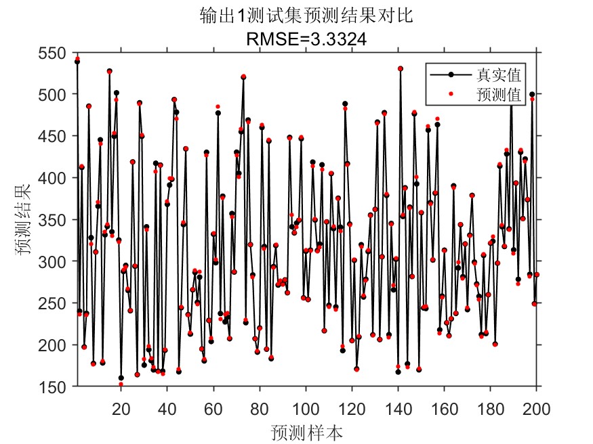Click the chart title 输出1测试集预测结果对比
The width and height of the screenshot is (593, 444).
(x=306, y=16)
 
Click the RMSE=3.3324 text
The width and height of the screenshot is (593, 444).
(x=306, y=40)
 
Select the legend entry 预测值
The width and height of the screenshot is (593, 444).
(x=501, y=94)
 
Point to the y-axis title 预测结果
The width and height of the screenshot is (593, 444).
(x=24, y=220)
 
